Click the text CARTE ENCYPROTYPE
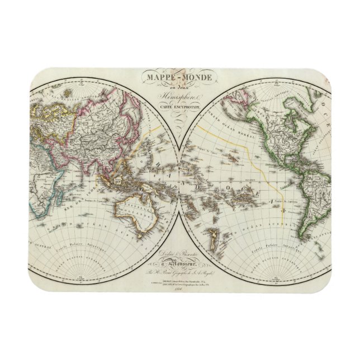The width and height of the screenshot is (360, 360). point(180,105)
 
